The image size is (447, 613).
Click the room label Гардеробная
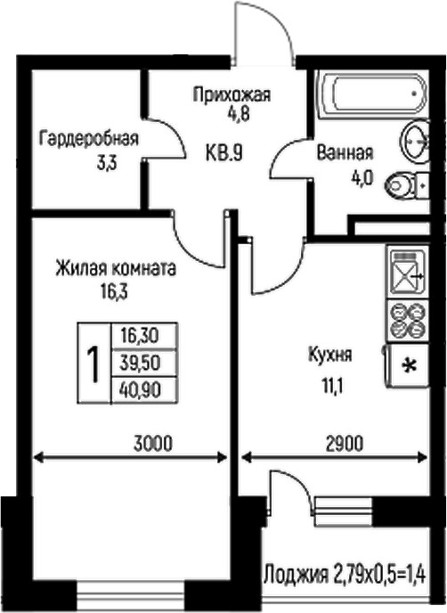(89, 138)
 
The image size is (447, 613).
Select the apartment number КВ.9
(223, 152)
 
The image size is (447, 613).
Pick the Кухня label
(330, 355)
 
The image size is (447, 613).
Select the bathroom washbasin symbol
(417, 140)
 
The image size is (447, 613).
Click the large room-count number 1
(92, 363)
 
